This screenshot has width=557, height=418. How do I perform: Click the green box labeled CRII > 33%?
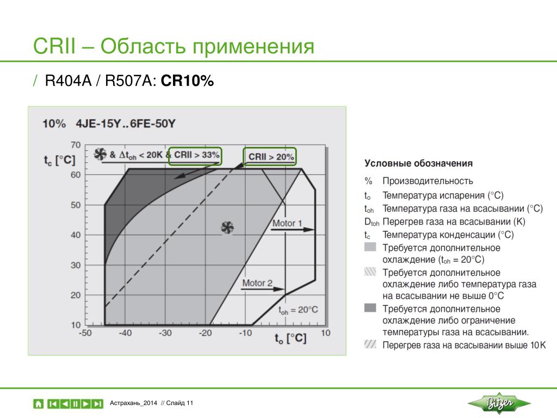195,148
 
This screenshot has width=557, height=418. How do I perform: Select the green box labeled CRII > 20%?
270,148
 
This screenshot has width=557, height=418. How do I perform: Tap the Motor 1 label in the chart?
287,223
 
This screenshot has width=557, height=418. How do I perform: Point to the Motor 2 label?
257,283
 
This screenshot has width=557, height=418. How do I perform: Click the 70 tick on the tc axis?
76,145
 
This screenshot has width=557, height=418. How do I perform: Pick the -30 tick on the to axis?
165,333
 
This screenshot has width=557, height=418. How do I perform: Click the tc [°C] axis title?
59,161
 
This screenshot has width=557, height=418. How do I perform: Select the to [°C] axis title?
290,338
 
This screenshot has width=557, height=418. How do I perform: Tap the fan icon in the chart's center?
227,228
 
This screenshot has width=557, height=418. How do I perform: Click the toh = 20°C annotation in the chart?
298,310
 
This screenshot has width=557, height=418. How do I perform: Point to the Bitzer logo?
499,403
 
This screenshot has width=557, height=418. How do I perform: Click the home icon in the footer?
39,404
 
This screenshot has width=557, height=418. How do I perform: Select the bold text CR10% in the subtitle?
187,81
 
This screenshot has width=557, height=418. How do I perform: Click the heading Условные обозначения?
418,163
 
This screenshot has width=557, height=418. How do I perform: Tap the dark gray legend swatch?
370,308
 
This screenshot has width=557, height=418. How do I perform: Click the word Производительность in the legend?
428,181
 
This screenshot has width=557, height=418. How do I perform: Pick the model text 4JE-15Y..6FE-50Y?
126,124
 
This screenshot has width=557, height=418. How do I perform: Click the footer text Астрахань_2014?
133,403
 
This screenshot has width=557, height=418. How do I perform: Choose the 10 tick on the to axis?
326,333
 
